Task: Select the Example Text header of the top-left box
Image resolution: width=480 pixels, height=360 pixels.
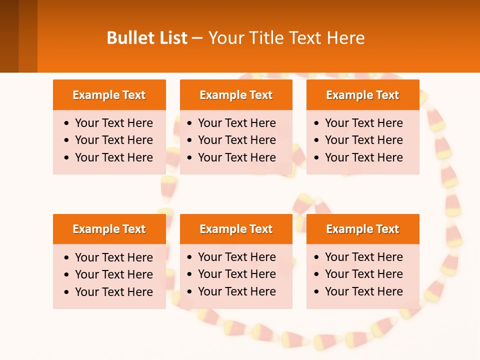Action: point(109,95)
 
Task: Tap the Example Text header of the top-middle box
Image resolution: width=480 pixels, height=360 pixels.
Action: point(236,95)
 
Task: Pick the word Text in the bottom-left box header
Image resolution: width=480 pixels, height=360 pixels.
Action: point(133,229)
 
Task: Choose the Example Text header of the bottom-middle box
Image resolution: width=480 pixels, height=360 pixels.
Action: point(236,229)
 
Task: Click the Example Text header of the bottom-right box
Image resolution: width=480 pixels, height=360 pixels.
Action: point(362,229)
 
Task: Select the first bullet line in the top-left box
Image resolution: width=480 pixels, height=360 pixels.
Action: point(113,123)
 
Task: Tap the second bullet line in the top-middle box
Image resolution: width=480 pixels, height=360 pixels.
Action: point(236,140)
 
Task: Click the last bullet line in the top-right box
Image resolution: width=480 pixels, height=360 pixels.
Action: point(363,157)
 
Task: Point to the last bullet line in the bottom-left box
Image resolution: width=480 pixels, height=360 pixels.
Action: point(113,292)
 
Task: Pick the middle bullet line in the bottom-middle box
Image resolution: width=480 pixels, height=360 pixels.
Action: point(236,274)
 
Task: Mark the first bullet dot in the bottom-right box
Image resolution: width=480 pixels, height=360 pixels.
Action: point(316,257)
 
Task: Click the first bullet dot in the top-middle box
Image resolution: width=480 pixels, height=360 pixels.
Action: point(190,123)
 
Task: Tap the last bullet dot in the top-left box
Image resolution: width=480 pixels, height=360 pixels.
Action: point(67,158)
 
